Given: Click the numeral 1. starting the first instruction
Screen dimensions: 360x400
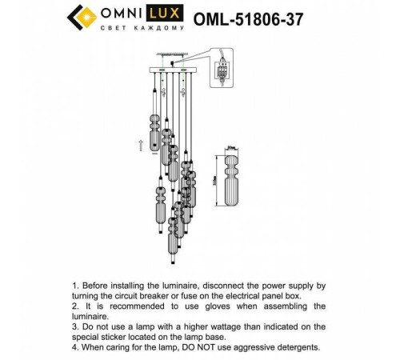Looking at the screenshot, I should pos(76,286).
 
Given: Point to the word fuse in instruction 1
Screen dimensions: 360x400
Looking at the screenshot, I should pos(190,296).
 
